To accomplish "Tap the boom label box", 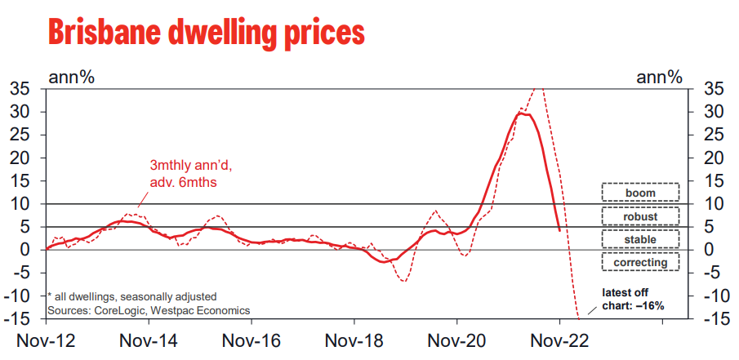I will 640,192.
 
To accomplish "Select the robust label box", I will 640,216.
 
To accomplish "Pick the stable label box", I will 640,238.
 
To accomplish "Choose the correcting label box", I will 640,262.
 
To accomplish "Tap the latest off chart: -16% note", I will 633,299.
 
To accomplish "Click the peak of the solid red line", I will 522,113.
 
